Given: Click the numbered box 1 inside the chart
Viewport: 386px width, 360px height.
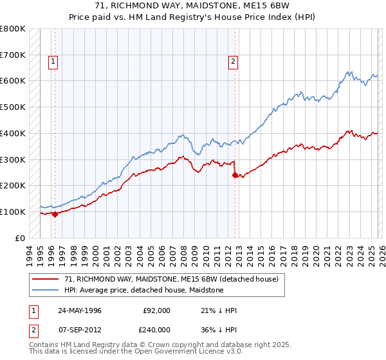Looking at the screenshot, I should [53, 62].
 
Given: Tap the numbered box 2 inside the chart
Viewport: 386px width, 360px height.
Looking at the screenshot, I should [232, 62].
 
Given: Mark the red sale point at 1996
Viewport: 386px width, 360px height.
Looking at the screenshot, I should [55, 214].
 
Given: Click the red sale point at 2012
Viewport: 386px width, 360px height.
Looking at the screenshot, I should [235, 175].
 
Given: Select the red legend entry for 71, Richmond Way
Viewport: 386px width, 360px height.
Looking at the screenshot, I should [171, 279].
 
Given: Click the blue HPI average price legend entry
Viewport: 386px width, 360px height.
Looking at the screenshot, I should [143, 291].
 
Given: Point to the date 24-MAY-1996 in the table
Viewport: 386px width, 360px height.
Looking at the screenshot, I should [79, 310].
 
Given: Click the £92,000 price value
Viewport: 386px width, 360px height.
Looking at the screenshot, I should [156, 310].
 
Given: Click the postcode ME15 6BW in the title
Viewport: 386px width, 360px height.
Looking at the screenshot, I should [267, 7].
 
